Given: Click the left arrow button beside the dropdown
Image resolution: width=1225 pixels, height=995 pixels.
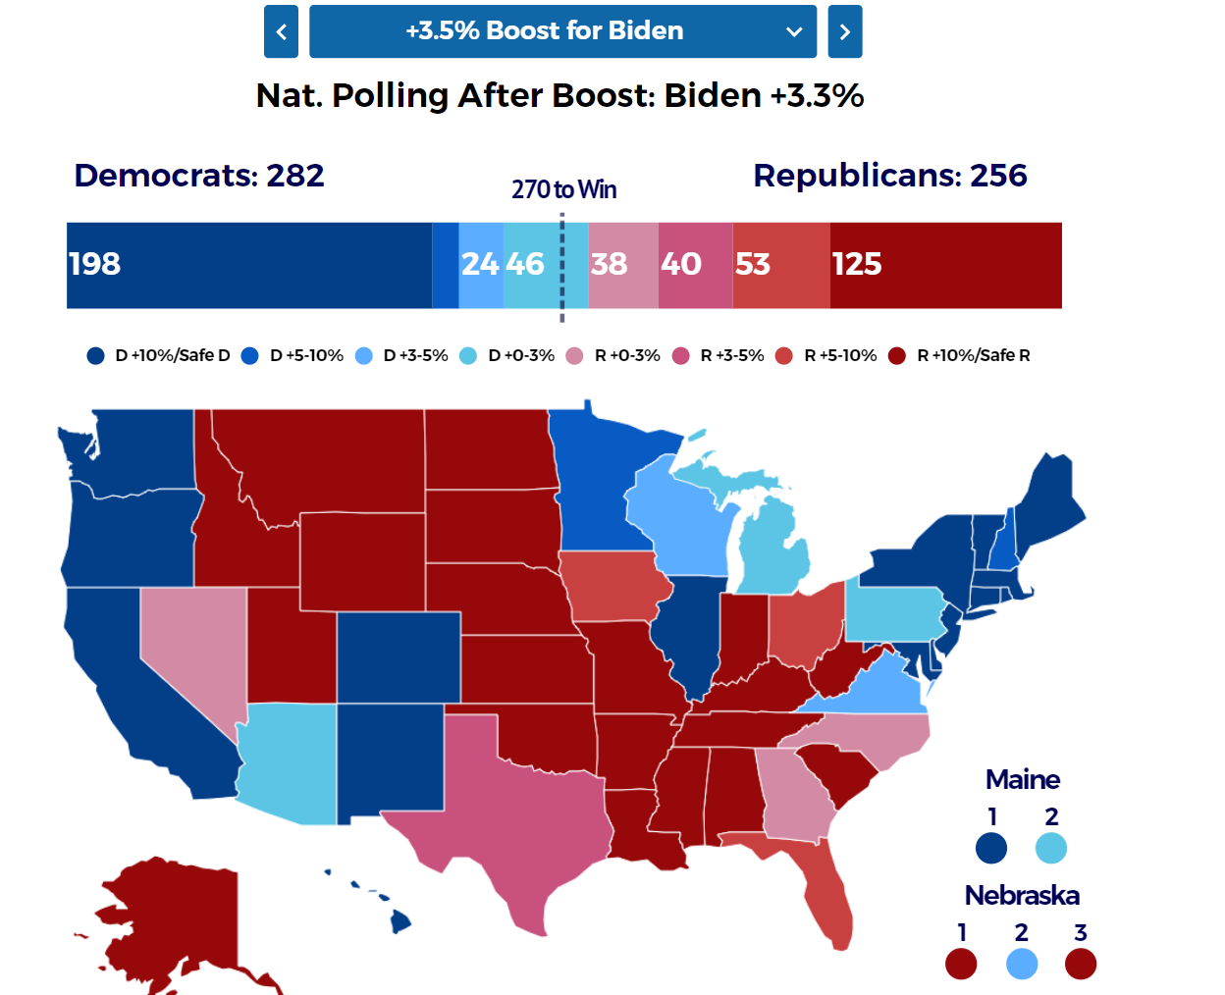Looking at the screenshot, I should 281,31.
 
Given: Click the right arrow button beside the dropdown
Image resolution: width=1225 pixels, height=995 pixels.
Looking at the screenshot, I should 844,31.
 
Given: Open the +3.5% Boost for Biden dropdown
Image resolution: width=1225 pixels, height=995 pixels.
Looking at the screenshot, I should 562,31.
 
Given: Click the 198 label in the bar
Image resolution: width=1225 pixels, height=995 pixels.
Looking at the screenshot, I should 94,264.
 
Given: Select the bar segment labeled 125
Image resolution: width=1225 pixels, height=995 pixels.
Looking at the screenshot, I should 945,265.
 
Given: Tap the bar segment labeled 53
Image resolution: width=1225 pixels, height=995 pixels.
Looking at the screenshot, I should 780,265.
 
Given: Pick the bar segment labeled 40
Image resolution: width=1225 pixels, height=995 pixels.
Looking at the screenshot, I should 695,265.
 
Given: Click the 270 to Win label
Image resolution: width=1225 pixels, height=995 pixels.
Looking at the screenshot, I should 563,189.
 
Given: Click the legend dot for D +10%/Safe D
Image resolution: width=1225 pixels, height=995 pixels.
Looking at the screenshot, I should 95,355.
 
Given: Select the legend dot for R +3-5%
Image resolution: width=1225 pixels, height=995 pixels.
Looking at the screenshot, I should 680,355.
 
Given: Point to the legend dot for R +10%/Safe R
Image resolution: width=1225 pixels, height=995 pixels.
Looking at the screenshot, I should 896,355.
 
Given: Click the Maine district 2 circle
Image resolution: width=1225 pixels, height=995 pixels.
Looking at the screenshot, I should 1050,848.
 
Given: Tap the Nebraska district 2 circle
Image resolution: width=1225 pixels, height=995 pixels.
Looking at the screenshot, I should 1022,964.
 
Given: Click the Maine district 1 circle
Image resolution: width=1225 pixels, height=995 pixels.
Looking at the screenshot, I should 991,848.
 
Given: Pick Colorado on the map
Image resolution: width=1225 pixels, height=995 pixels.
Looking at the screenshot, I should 398,656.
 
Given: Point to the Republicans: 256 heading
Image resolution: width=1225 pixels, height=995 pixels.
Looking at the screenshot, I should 889,176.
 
